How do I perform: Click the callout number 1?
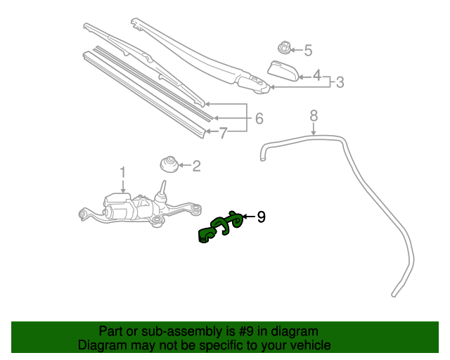point(122,172)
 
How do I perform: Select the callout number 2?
point(196,167)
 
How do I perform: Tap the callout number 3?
point(340,82)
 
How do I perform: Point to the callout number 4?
point(316,75)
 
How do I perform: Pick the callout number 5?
point(307,50)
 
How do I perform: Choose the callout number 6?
point(259,119)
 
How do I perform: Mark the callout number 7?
point(224,133)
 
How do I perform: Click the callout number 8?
point(314,115)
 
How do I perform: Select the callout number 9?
point(261,217)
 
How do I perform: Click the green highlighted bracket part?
point(220,229)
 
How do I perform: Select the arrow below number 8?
point(314,127)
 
